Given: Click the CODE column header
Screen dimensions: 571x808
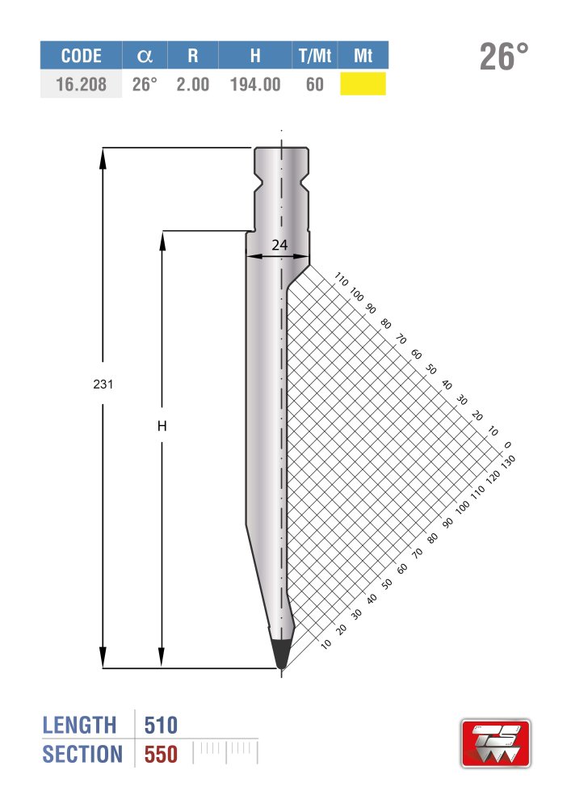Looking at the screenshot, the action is pyautogui.click(x=81, y=56).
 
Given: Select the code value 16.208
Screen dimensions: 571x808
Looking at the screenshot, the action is pyautogui.click(x=81, y=84).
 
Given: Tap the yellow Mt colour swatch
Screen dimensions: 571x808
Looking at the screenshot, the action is pyautogui.click(x=363, y=83).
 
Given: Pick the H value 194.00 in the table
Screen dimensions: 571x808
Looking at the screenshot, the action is pyautogui.click(x=255, y=84).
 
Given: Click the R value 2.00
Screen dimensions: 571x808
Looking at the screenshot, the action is pyautogui.click(x=193, y=84).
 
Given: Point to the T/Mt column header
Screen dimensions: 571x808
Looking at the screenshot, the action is pyautogui.click(x=315, y=56).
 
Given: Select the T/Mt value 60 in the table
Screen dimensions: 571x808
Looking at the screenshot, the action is pyautogui.click(x=315, y=84).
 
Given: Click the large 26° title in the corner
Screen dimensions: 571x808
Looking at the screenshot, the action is pyautogui.click(x=504, y=57).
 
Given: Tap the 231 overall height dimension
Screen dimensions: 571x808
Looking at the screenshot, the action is pyautogui.click(x=103, y=384).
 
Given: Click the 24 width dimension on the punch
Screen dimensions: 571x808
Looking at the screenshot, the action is pyautogui.click(x=279, y=245).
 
